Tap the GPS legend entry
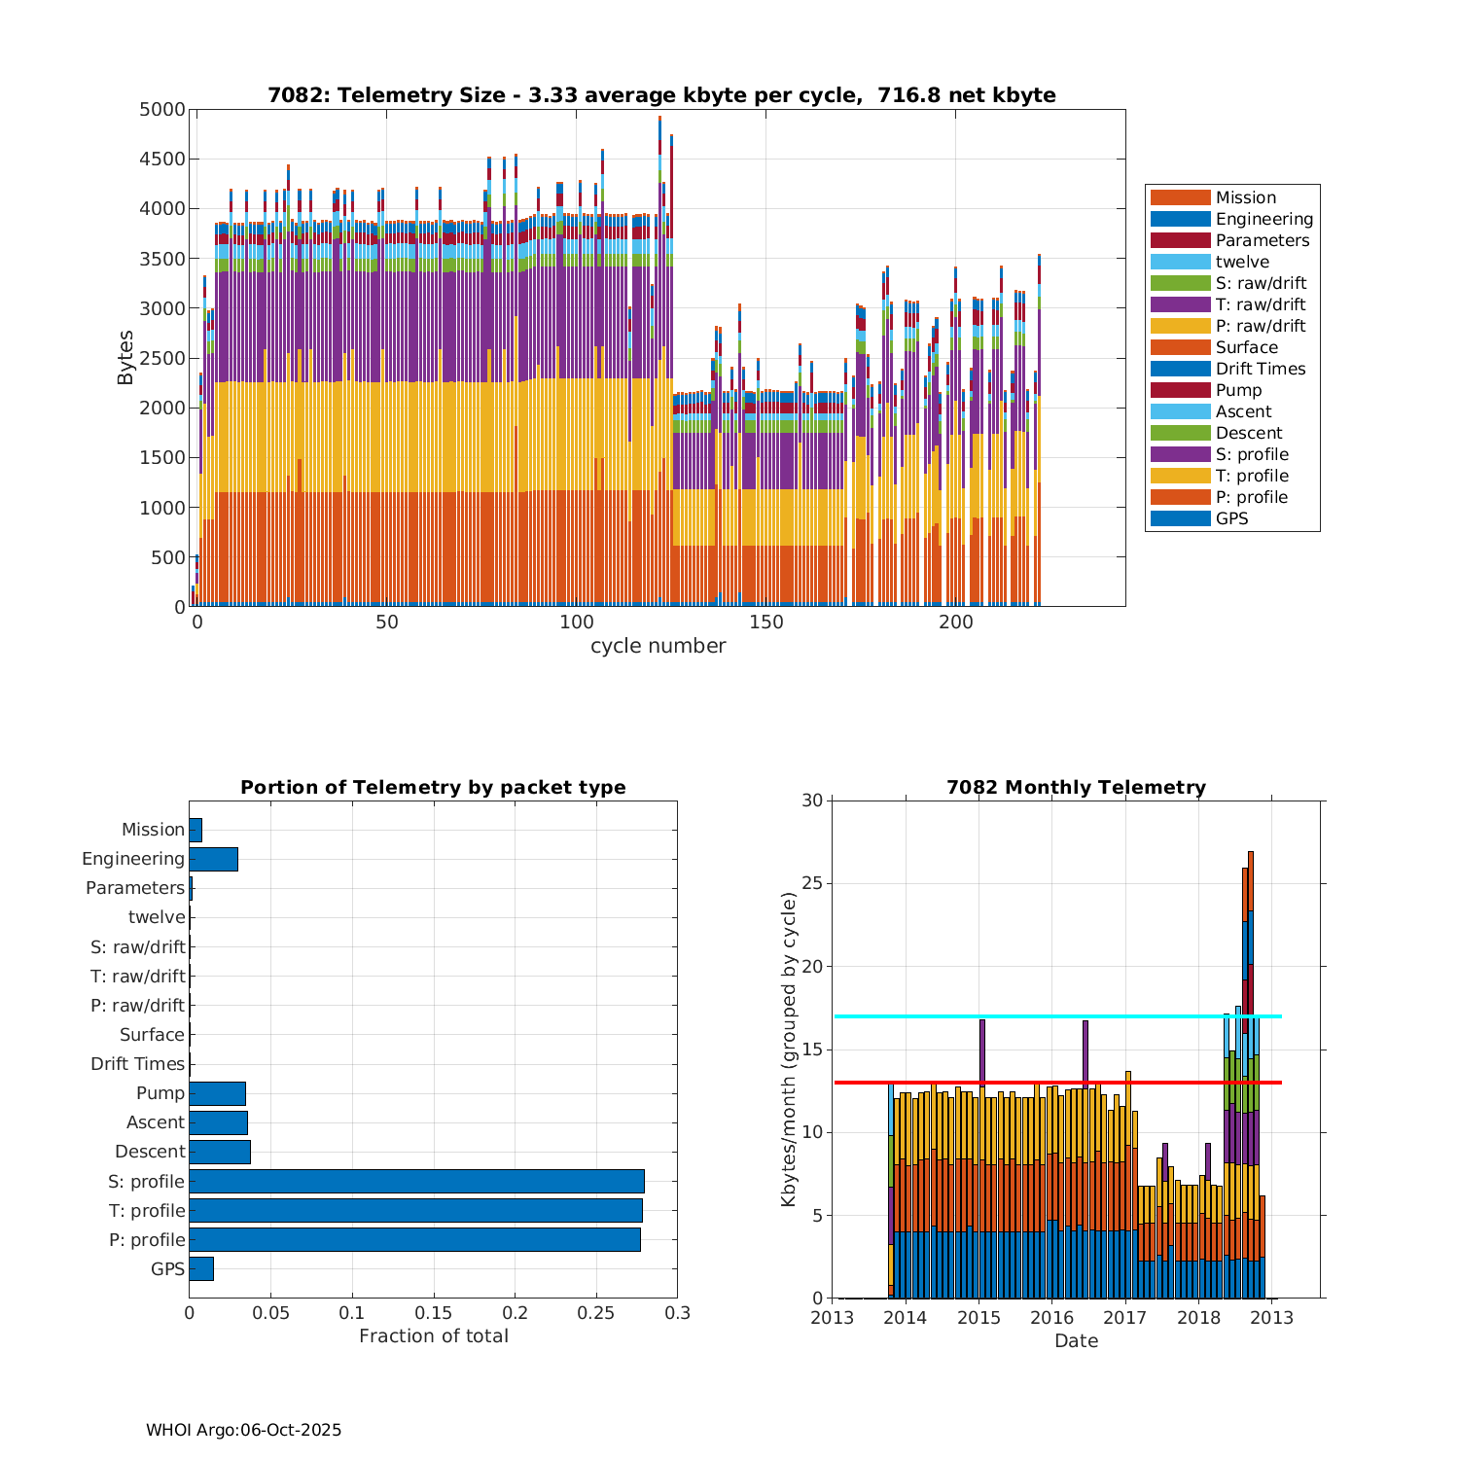tap(1231, 518)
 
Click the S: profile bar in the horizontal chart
tap(416, 1181)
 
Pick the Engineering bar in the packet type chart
tap(213, 859)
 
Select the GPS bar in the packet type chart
tap(201, 1268)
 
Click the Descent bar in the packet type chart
tap(220, 1152)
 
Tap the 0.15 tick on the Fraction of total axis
tap(434, 1313)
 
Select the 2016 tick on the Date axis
tap(1051, 1318)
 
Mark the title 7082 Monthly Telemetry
tap(1076, 787)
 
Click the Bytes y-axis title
tap(125, 358)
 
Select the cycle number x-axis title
tap(658, 646)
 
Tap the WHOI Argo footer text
tap(243, 1430)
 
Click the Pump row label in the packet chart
tap(160, 1093)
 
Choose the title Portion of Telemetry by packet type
tap(433, 787)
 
